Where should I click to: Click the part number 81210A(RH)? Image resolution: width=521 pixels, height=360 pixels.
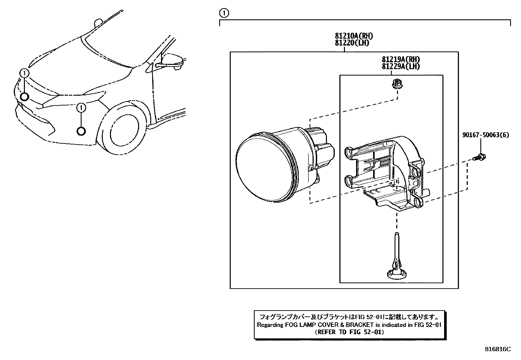(x=353, y=36)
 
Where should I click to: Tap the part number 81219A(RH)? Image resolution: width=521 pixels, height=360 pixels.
(x=400, y=60)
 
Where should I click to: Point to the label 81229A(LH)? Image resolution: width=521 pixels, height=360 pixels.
(x=400, y=66)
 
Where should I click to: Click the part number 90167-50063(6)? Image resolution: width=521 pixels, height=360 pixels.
(x=486, y=135)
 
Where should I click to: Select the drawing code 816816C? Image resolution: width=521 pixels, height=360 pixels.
(x=497, y=349)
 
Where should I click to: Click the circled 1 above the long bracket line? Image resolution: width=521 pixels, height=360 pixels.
(x=224, y=13)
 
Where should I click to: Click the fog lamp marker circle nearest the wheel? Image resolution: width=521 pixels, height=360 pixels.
(x=81, y=131)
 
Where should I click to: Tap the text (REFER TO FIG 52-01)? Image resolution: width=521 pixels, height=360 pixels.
(x=349, y=332)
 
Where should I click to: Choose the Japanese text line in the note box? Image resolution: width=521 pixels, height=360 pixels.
(x=349, y=317)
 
